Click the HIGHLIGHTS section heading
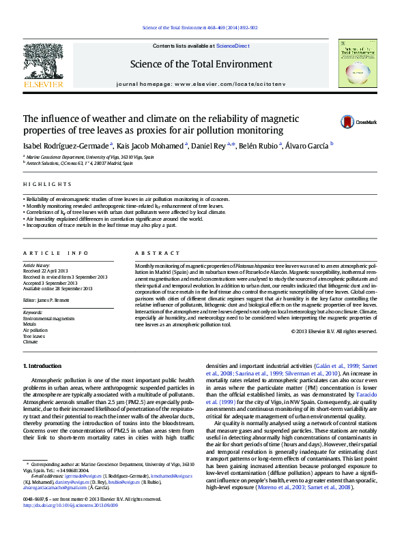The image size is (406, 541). pos(47,184)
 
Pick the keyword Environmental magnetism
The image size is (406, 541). pos(48,318)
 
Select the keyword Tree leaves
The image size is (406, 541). pos(34,336)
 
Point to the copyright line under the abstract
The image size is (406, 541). pos(334,331)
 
